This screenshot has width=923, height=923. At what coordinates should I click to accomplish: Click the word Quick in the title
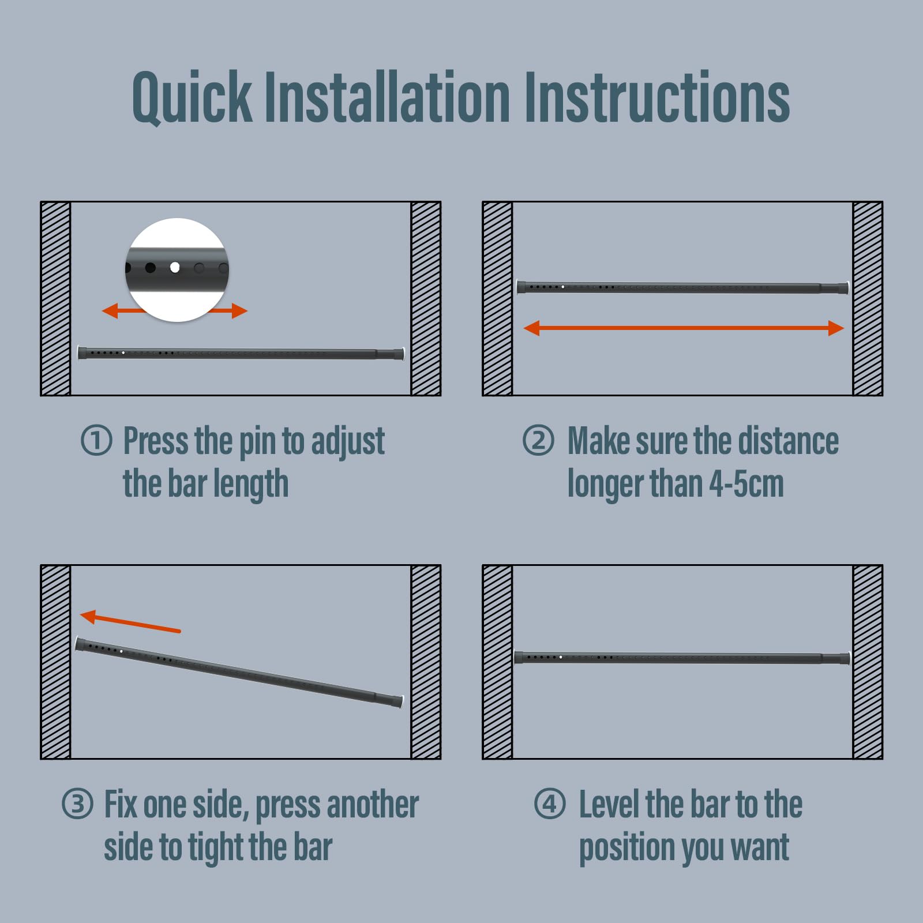[x=192, y=97]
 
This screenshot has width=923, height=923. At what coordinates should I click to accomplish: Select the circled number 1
[x=96, y=441]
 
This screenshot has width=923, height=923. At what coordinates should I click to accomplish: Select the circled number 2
[x=538, y=441]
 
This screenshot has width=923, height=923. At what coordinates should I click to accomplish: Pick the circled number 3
[x=77, y=804]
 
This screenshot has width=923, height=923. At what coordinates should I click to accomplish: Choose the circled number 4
[x=550, y=804]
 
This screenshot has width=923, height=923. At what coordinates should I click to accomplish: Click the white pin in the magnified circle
[x=175, y=268]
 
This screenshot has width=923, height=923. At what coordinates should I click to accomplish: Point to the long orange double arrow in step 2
[x=684, y=328]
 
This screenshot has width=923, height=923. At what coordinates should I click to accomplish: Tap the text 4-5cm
[x=746, y=483]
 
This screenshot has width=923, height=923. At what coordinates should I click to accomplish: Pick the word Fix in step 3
[x=121, y=804]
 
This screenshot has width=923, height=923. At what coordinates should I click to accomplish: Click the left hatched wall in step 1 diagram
[x=55, y=298]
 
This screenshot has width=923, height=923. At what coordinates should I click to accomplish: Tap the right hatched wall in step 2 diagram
[x=868, y=298]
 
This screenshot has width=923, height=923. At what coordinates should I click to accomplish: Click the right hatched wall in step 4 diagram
[x=868, y=662]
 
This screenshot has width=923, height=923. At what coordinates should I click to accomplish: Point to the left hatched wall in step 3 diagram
[x=55, y=662]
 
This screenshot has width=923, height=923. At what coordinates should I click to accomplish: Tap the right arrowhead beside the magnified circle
[x=239, y=311]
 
